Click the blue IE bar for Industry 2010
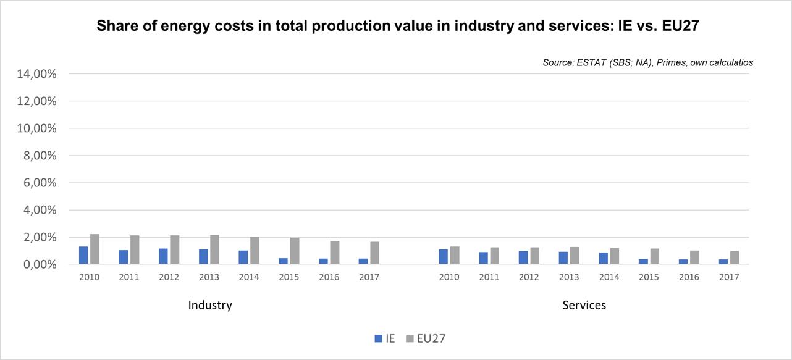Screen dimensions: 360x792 (83, 256)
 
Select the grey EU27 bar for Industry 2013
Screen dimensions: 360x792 (214, 249)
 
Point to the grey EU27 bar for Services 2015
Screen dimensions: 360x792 (654, 257)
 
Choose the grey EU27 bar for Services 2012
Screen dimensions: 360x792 (534, 256)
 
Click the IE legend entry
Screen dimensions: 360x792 (385, 338)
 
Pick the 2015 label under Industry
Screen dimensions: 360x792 (289, 277)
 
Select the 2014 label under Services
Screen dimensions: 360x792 (609, 277)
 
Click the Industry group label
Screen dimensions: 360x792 (210, 305)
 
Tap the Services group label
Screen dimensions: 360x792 (584, 305)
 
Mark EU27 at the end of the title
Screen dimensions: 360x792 (675, 27)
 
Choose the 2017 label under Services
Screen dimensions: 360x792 (729, 277)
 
